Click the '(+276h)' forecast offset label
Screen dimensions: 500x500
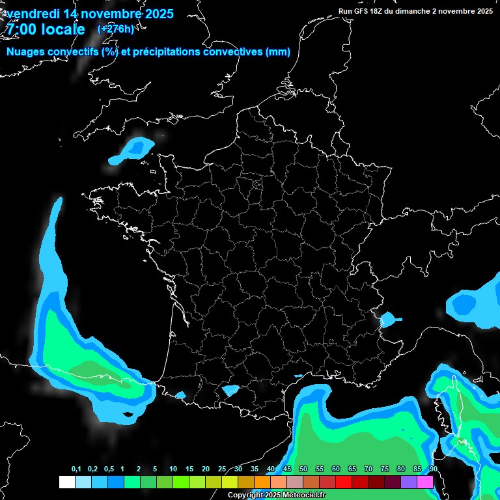(115, 29)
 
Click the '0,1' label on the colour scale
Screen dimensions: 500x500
(76, 469)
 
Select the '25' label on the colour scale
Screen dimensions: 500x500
(222, 469)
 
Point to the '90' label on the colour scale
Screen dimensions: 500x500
(433, 469)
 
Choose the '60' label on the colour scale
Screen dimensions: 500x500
(336, 469)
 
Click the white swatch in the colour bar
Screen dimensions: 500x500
(66, 482)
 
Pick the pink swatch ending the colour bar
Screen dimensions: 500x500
(425, 482)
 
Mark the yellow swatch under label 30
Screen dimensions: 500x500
(230, 482)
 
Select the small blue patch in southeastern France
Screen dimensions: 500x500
(388, 320)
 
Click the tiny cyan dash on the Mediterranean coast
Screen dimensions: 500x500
(299, 376)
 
